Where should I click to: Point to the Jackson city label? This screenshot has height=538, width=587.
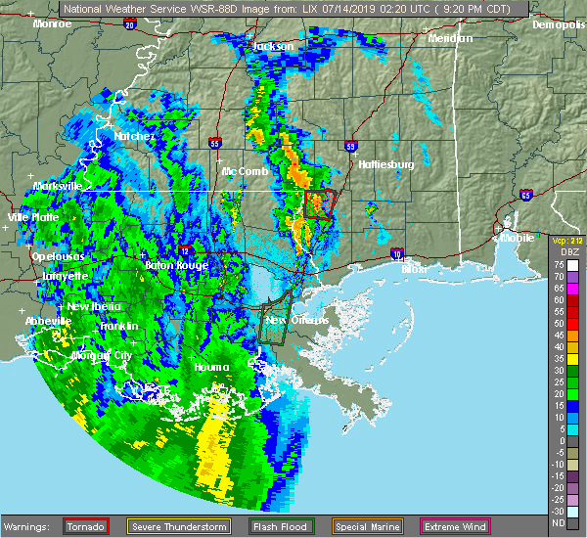(x=272, y=46)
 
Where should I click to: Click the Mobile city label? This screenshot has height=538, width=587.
(x=518, y=237)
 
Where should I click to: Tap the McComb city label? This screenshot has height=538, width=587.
(x=245, y=171)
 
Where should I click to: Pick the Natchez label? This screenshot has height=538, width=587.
(x=134, y=136)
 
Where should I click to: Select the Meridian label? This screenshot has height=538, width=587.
(x=450, y=39)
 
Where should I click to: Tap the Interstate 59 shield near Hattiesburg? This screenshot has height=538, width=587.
(x=350, y=146)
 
